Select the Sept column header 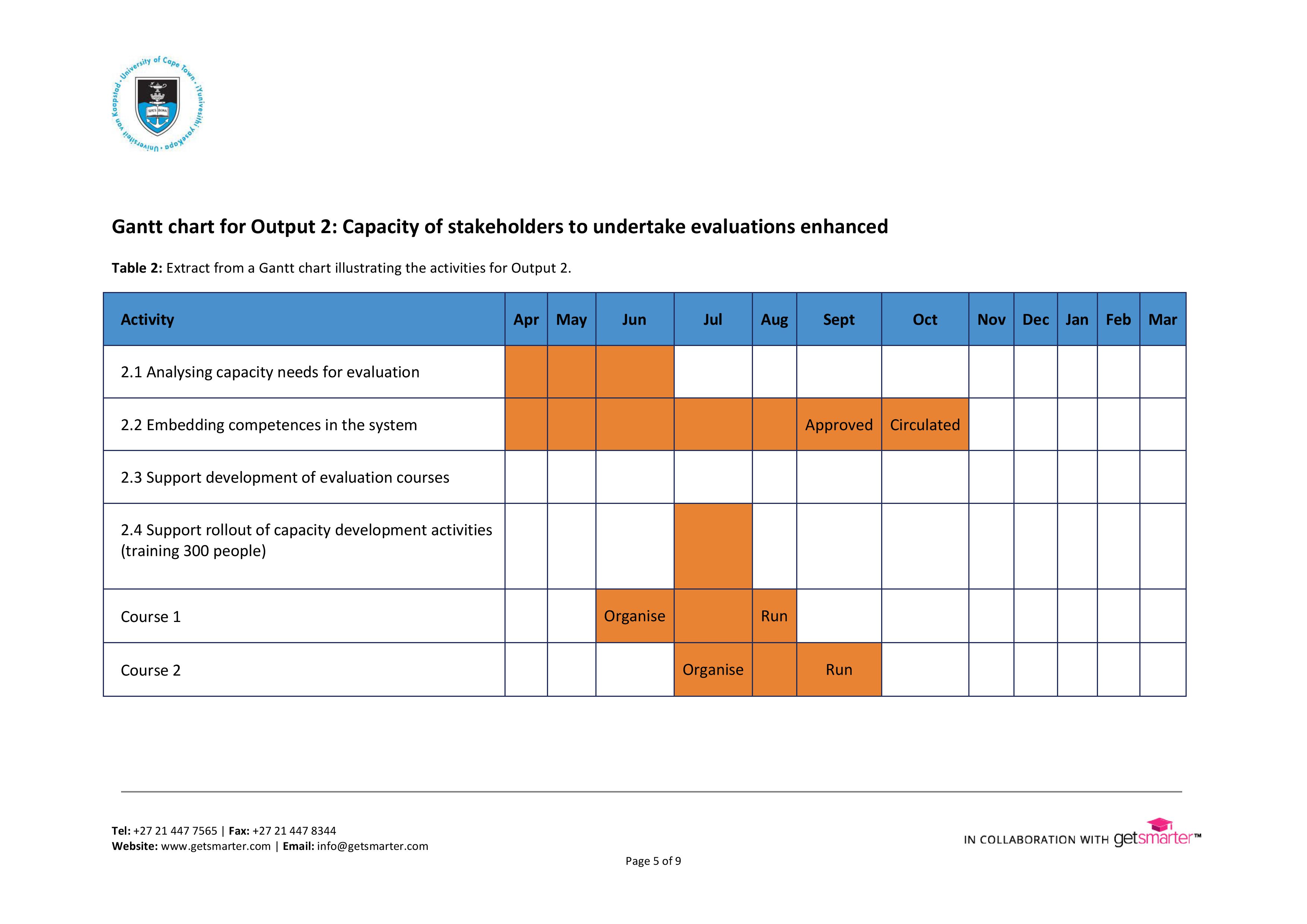(x=839, y=320)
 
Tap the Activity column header (x=148, y=320)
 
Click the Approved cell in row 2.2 (x=839, y=425)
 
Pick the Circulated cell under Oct (x=924, y=425)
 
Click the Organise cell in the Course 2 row (x=713, y=670)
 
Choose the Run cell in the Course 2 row (x=839, y=670)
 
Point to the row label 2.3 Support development (x=285, y=477)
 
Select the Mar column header (x=1162, y=320)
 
